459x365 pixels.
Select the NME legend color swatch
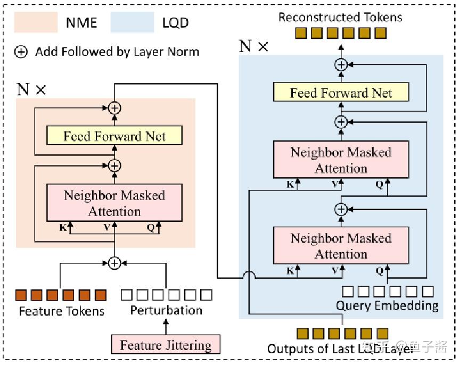(x=36, y=22)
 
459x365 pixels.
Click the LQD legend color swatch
(x=132, y=22)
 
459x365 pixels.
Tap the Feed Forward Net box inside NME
(x=114, y=136)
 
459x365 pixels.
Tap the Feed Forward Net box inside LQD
(x=341, y=93)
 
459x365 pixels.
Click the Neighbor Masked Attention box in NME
(x=114, y=203)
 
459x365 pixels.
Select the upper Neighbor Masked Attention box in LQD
(x=341, y=160)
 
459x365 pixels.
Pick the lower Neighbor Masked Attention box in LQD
(x=341, y=245)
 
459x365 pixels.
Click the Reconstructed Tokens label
(x=340, y=17)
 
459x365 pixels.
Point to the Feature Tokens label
(x=62, y=311)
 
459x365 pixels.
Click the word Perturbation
(x=166, y=310)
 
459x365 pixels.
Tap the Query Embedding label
(x=387, y=305)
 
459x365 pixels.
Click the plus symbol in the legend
(x=21, y=52)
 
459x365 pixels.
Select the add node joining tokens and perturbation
(x=114, y=262)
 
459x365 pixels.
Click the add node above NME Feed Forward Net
(x=114, y=108)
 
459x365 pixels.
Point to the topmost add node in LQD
(x=341, y=65)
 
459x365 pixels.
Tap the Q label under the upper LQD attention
(x=380, y=184)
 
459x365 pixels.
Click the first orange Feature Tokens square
(x=21, y=294)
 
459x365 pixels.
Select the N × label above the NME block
(x=31, y=89)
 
